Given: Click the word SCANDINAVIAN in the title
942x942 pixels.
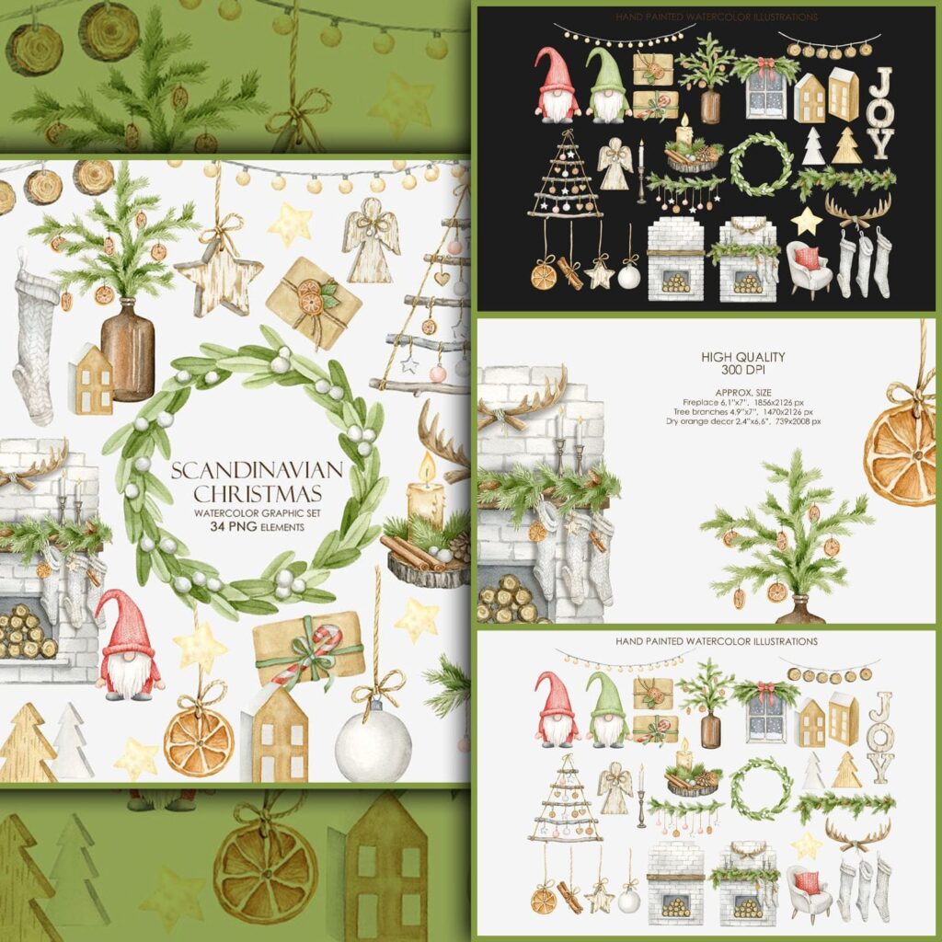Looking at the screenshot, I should [x=258, y=470].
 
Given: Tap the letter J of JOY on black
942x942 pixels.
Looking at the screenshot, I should [x=880, y=82].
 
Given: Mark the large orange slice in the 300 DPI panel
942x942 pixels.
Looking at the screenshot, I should [x=902, y=455].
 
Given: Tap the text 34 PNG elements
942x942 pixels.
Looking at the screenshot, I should [x=258, y=527].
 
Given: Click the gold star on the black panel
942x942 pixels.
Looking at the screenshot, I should [x=808, y=220].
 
